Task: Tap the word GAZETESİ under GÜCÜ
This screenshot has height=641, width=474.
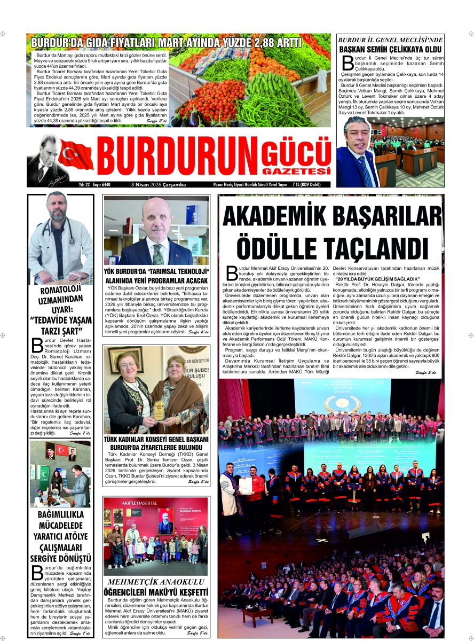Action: pyautogui.click(x=297, y=171)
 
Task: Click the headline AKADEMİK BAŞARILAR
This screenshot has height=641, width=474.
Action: pyautogui.click(x=330, y=216)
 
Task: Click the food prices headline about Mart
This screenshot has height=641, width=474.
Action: pyautogui.click(x=166, y=43)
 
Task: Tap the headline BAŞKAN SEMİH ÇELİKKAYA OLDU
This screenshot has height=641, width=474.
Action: pyautogui.click(x=390, y=50)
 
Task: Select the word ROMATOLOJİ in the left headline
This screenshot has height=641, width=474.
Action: pyautogui.click(x=61, y=292)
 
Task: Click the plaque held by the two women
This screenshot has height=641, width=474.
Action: pyautogui.click(x=159, y=408)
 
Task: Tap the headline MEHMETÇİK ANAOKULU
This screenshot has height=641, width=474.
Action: pyautogui.click(x=156, y=582)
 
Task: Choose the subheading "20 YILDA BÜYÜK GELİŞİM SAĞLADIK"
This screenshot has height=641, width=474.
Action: pyautogui.click(x=377, y=279)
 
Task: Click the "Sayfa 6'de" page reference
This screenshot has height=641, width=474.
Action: pyautogui.click(x=198, y=332)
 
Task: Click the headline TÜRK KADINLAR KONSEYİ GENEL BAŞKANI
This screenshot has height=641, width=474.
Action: pyautogui.click(x=156, y=439)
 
